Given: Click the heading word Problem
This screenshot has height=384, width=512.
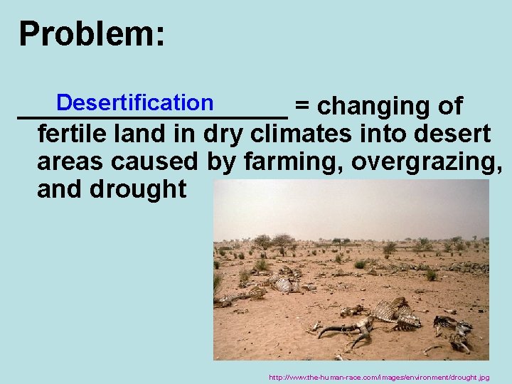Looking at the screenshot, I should click(91, 34).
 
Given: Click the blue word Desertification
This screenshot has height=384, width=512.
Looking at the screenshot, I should click(134, 103).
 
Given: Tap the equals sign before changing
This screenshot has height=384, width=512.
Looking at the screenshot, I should click(302, 107).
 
